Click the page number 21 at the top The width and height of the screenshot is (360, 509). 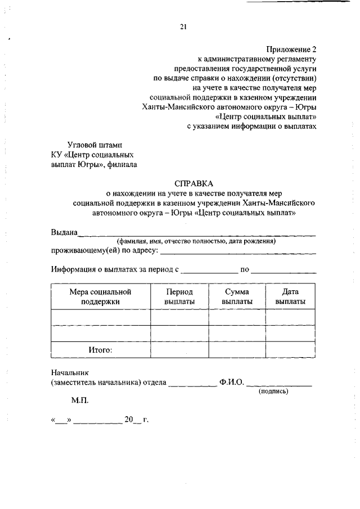(183, 25)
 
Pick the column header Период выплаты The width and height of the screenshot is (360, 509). (179, 296)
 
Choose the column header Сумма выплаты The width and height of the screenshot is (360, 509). (237, 296)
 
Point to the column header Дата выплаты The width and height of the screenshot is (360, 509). (290, 296)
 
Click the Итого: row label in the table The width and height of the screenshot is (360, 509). (100, 349)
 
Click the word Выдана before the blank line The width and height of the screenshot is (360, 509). (64, 233)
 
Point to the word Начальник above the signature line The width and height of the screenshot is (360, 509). (69, 372)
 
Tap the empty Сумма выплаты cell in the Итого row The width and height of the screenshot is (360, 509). (237, 349)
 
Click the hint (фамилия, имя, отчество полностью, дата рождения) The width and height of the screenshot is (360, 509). (195, 241)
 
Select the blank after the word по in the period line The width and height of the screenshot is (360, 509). (283, 271)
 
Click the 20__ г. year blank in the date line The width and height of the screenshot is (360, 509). (136, 420)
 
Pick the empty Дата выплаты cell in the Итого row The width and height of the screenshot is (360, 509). (290, 349)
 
